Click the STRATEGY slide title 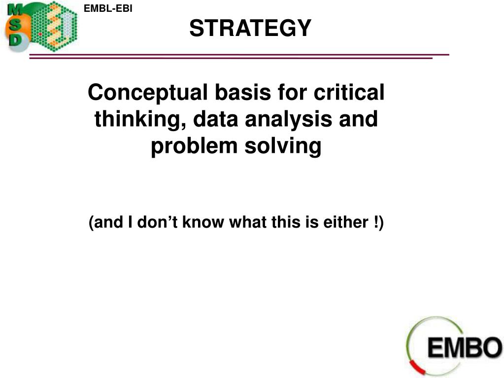click(x=250, y=28)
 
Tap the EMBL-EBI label click(x=108, y=8)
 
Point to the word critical click(x=349, y=92)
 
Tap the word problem click(x=194, y=146)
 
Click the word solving click(x=283, y=146)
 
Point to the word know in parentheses click(x=203, y=222)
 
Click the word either click(x=345, y=222)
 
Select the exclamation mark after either click(x=376, y=222)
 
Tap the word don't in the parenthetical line click(x=157, y=222)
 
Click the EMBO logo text click(x=465, y=347)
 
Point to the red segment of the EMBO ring click(x=417, y=367)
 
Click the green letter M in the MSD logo click(x=15, y=10)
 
